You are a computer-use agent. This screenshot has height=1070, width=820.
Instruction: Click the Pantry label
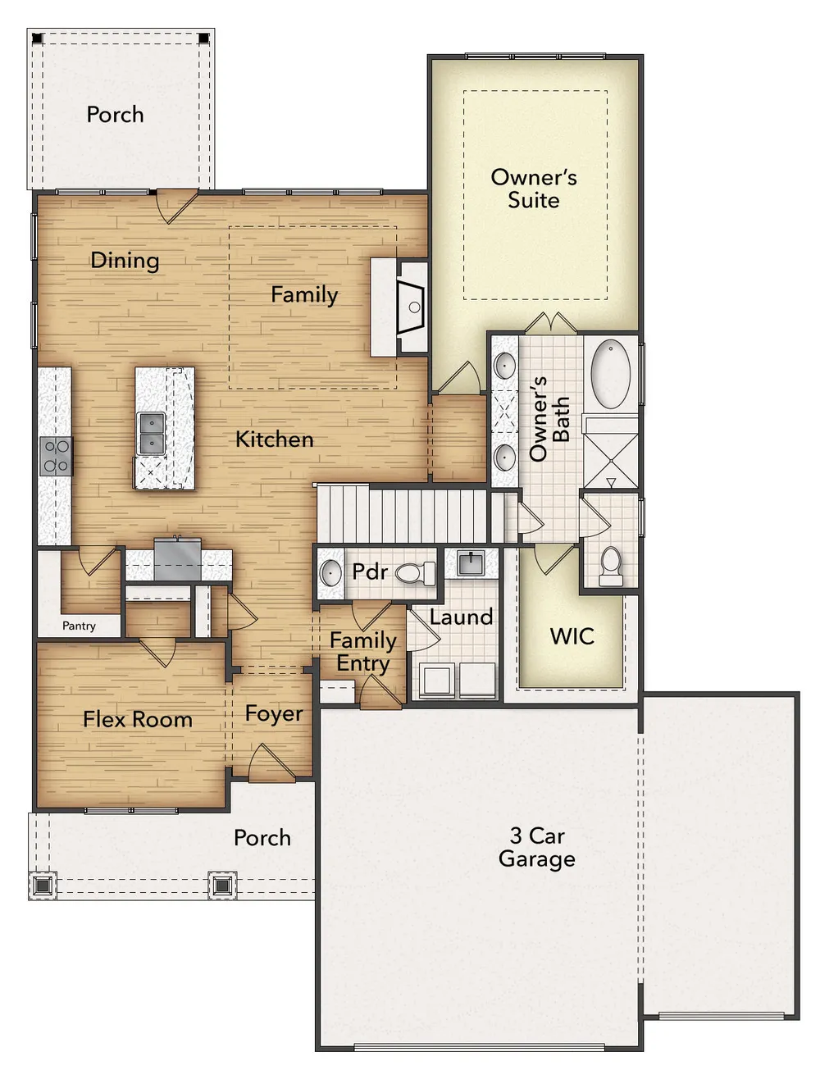pos(79,626)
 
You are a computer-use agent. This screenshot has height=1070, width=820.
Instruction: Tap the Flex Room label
pos(138,719)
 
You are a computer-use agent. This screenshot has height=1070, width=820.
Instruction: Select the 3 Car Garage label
pos(537,847)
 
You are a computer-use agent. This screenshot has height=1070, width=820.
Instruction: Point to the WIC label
pos(572,636)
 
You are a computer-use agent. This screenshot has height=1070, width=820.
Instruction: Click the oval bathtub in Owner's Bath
pos(610,374)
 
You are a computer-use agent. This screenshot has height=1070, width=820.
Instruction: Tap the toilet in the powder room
pos(415,573)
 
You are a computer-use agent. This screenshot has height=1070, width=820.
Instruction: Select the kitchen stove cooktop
pos(56,456)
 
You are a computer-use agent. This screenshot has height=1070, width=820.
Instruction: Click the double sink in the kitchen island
pos(151,433)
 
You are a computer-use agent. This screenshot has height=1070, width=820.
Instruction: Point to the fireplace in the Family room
pos(412,307)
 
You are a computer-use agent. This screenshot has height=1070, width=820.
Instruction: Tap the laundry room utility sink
pos(471,562)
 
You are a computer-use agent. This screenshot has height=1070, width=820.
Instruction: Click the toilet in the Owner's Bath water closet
pos(611,567)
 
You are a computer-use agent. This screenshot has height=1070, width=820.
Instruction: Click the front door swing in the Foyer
pos(272,763)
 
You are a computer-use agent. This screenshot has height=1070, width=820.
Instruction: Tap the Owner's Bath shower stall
pos(610,452)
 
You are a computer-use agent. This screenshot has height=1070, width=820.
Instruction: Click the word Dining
pos(125,261)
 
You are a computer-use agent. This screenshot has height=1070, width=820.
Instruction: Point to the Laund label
pos(461,617)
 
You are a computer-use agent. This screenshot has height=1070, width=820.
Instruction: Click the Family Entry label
pos(363,652)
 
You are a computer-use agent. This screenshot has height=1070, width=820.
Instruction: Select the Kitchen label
pos(275,439)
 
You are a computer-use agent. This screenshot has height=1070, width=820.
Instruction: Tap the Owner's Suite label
pos(534,189)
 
